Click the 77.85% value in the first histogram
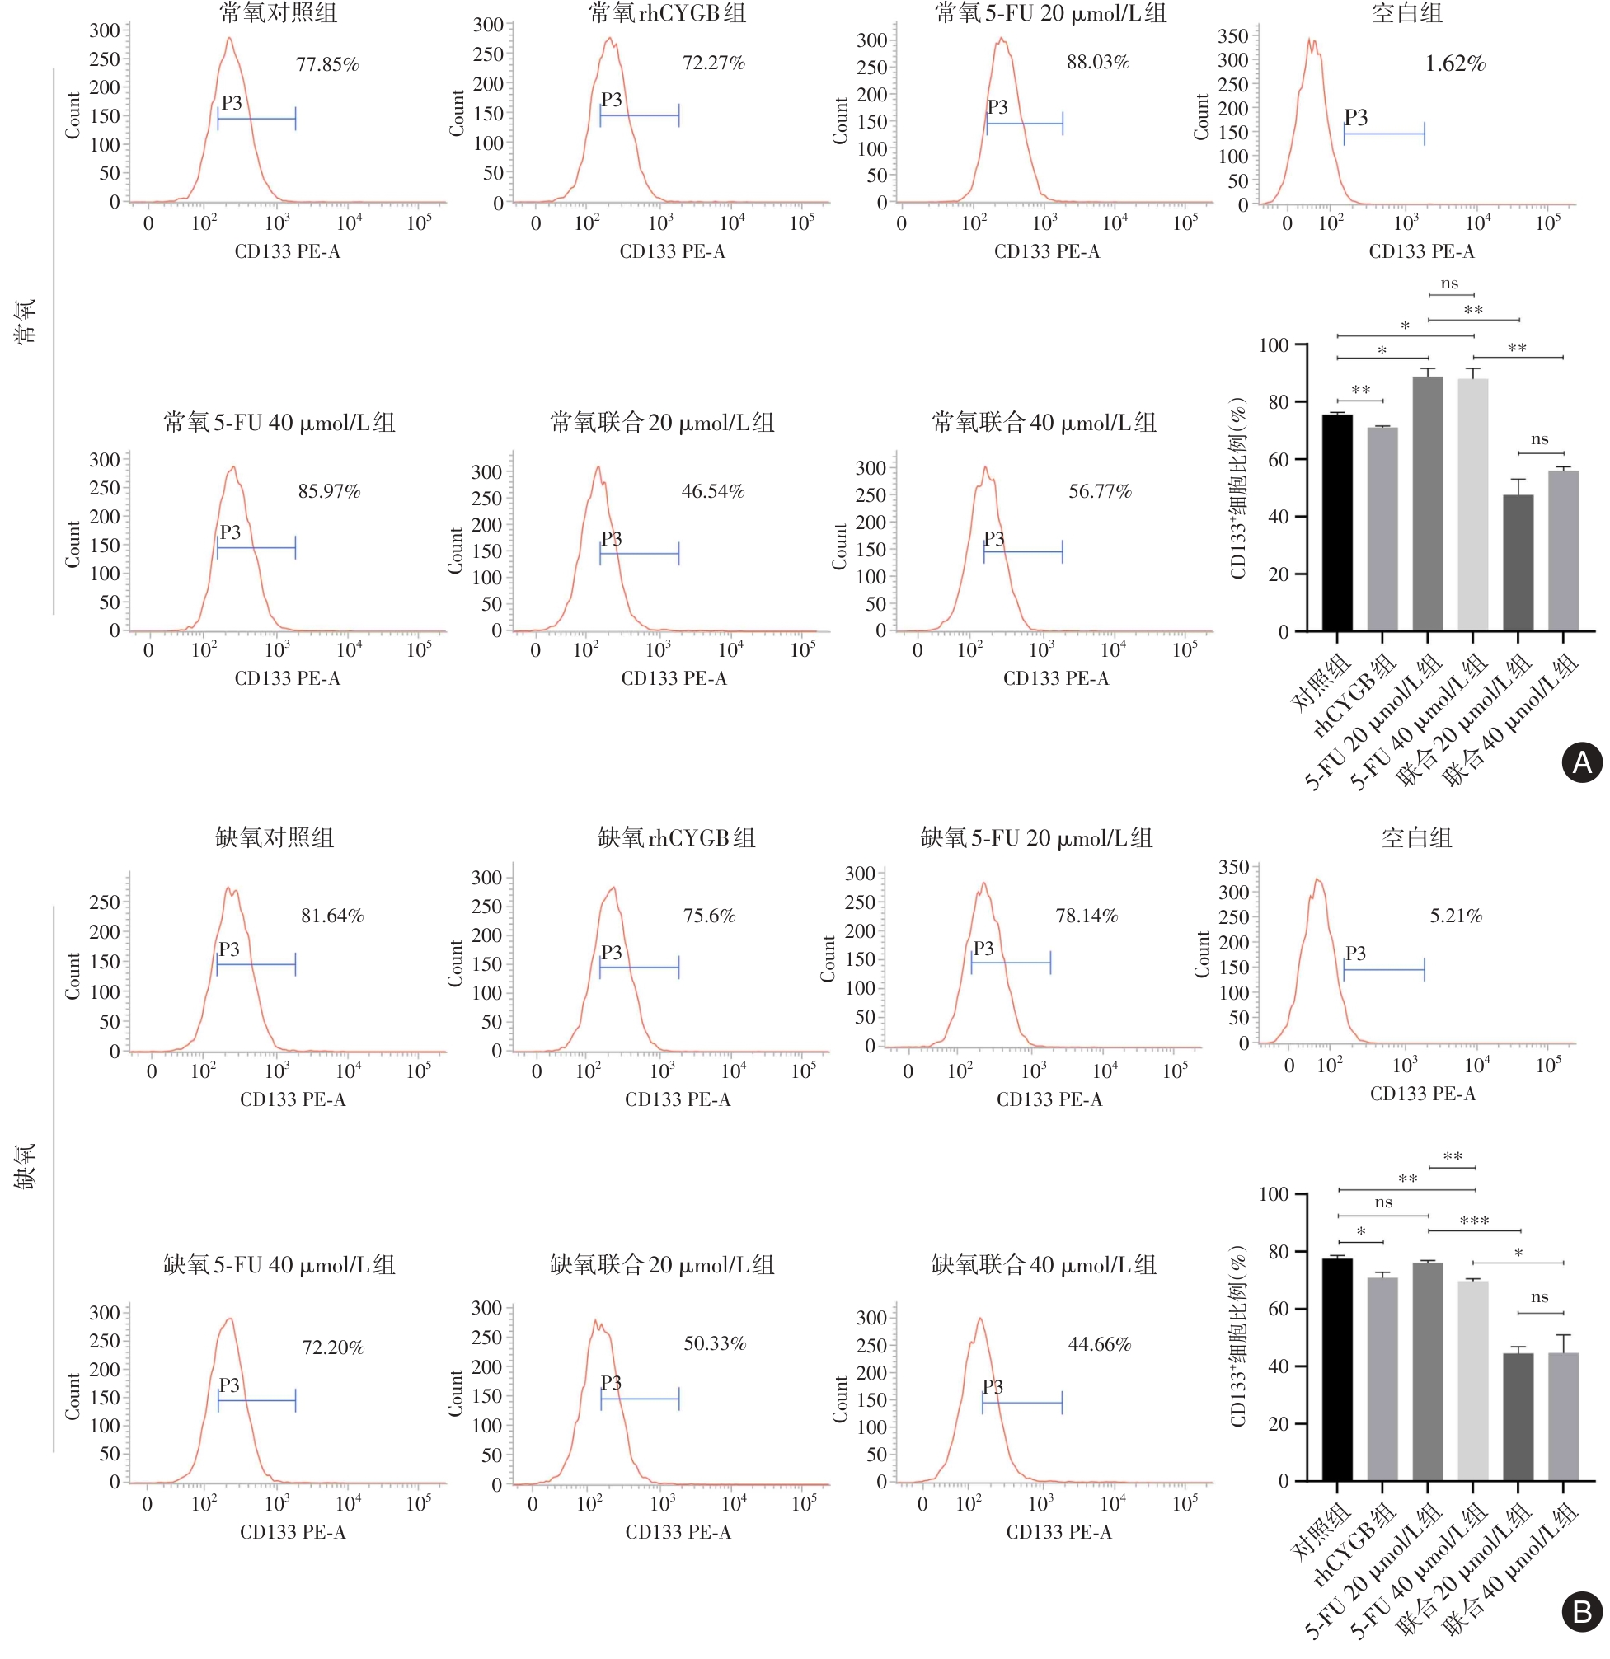pos(326,64)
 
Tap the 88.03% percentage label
pos(1097,62)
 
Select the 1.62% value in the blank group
pos(1454,63)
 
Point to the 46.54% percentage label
pos(713,491)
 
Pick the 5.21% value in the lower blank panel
pos(1455,915)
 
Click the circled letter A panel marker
pos(1581,762)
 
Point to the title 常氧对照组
pos(278,12)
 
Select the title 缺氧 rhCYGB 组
pos(676,837)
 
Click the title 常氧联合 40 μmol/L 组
pos(1043,421)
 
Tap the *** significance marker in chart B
pos(1474,1221)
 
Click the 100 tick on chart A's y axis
pos(1273,345)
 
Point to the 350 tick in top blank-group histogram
pos(1232,35)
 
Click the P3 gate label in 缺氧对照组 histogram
pos(228,949)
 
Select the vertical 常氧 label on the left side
pos(26,320)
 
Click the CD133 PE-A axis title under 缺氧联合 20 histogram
pos(678,1531)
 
